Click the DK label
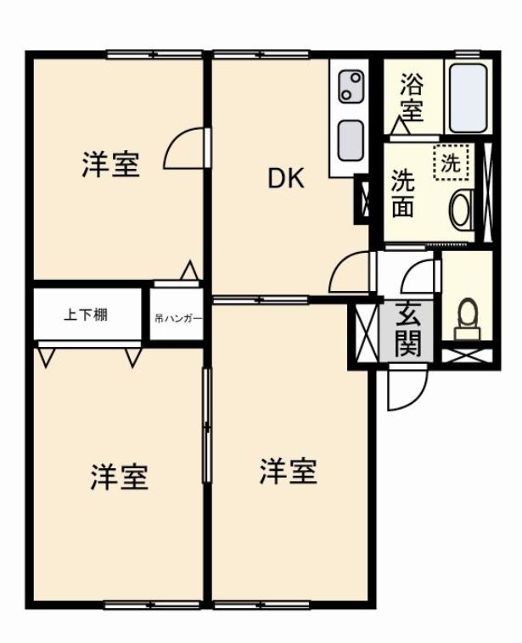click(286, 179)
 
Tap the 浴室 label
click(412, 98)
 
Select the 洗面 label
click(402, 193)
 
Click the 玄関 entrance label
click(408, 330)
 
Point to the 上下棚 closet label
click(86, 315)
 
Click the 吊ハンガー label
click(178, 318)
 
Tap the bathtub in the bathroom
click(469, 98)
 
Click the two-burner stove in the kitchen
click(351, 87)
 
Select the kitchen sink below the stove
click(350, 141)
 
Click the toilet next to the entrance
click(468, 319)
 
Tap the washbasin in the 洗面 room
click(462, 210)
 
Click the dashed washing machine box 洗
click(451, 163)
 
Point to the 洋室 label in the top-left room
click(111, 164)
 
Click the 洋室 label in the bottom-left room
click(119, 477)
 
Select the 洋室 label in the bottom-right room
click(288, 472)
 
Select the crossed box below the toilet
click(468, 355)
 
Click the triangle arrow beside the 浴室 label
click(400, 126)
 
